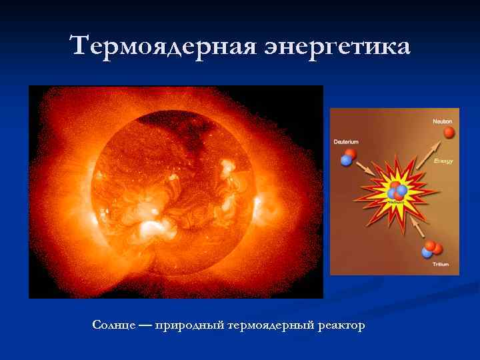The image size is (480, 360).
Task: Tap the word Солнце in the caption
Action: point(113,325)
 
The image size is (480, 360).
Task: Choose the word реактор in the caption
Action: point(342,325)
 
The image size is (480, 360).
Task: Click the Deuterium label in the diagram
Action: point(346,142)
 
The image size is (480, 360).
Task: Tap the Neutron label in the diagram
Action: point(442,121)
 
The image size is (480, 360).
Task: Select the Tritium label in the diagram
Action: point(441,265)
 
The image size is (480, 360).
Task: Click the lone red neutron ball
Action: point(449,133)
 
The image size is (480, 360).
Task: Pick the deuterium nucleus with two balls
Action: point(348,157)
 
